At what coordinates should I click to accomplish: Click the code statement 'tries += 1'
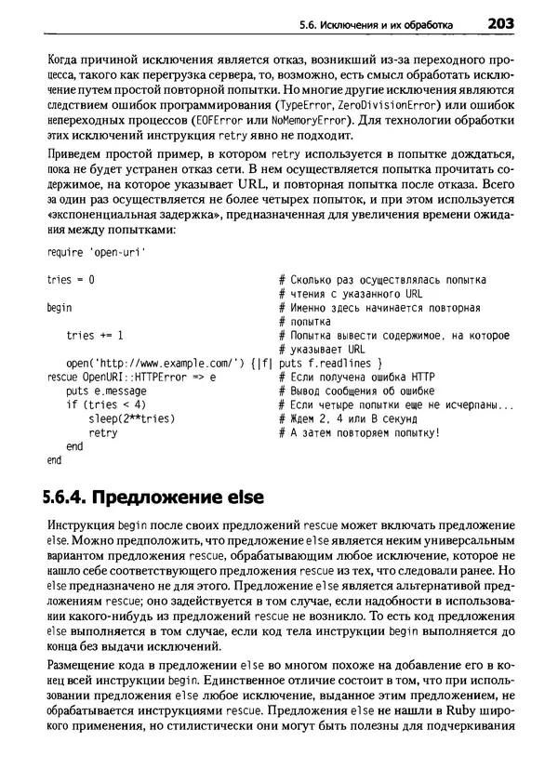[x=95, y=336]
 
